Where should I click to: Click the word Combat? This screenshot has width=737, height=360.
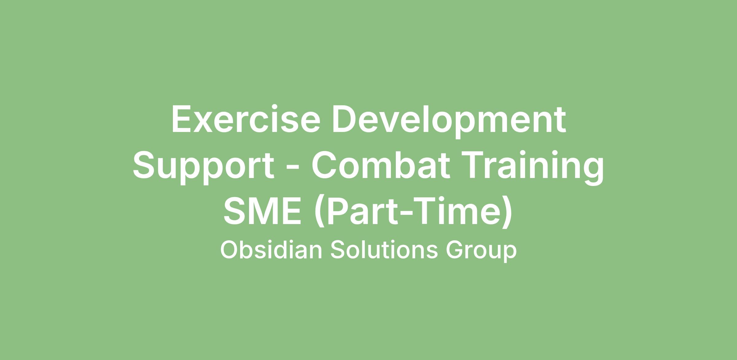[x=381, y=165]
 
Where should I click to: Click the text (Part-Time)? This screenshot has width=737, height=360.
[x=413, y=212]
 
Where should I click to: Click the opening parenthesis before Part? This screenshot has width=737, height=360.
[x=319, y=212]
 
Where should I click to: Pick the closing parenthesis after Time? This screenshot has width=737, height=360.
[x=507, y=212]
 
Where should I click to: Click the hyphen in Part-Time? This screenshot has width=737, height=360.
[x=403, y=215]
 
